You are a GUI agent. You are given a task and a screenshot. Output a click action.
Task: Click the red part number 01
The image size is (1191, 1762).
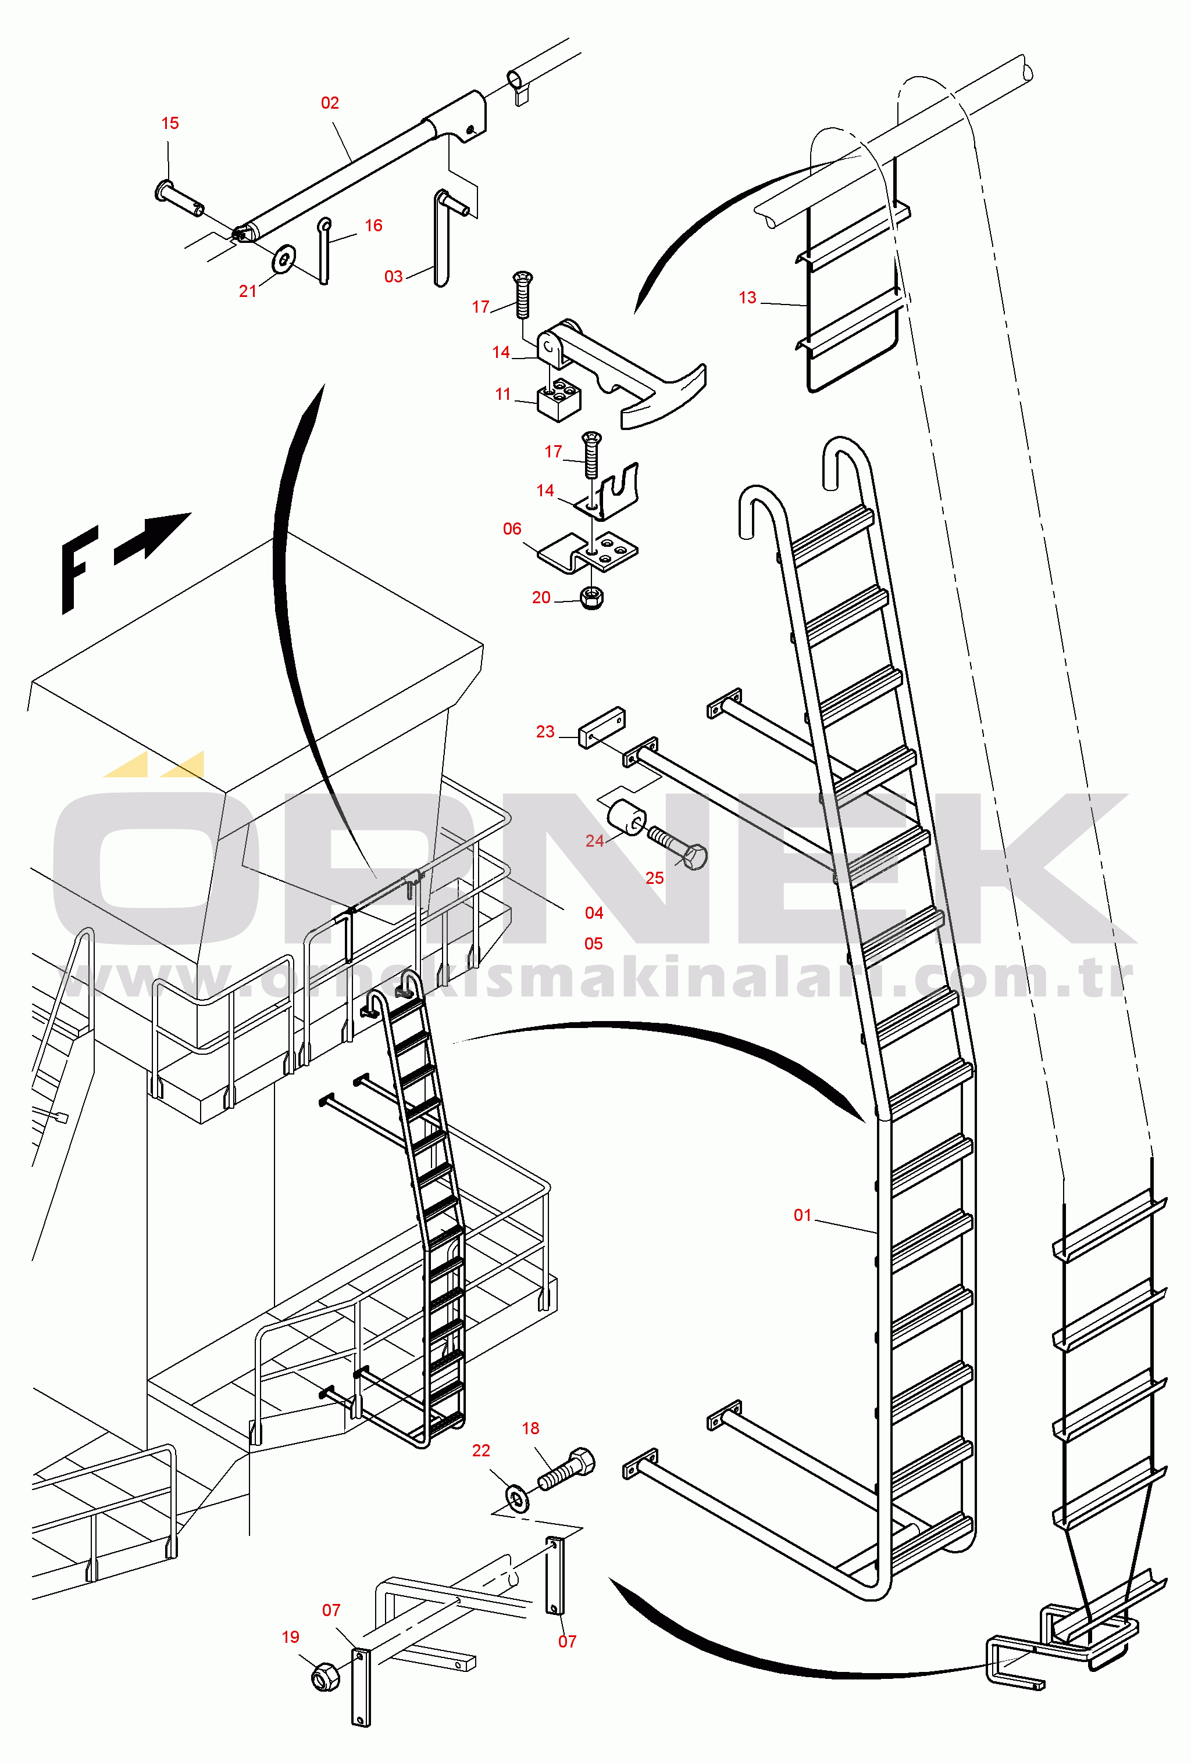[802, 1215]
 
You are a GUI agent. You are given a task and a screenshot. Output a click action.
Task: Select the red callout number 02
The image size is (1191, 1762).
[329, 103]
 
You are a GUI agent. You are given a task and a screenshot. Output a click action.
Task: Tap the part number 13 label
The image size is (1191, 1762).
[747, 298]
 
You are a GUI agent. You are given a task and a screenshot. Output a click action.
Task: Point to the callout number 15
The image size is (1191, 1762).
[170, 124]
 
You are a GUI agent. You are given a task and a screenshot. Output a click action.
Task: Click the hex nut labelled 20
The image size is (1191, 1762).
[591, 598]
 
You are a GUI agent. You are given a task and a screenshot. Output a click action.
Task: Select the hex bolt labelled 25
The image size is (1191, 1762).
[677, 848]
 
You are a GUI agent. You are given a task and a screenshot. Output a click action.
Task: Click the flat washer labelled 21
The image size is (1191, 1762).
[284, 259]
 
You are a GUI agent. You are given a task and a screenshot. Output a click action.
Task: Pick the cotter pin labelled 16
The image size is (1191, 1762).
[325, 251]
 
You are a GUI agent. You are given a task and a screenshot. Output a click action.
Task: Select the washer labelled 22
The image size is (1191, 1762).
[518, 1499]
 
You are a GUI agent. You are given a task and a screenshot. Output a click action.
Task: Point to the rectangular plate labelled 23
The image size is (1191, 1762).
[601, 728]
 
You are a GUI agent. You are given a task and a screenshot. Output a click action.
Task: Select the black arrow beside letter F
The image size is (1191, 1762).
[152, 537]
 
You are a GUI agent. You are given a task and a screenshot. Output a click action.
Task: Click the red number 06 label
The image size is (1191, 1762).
[512, 529]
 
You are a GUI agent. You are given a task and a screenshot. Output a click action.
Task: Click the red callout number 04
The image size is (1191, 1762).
[594, 914]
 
